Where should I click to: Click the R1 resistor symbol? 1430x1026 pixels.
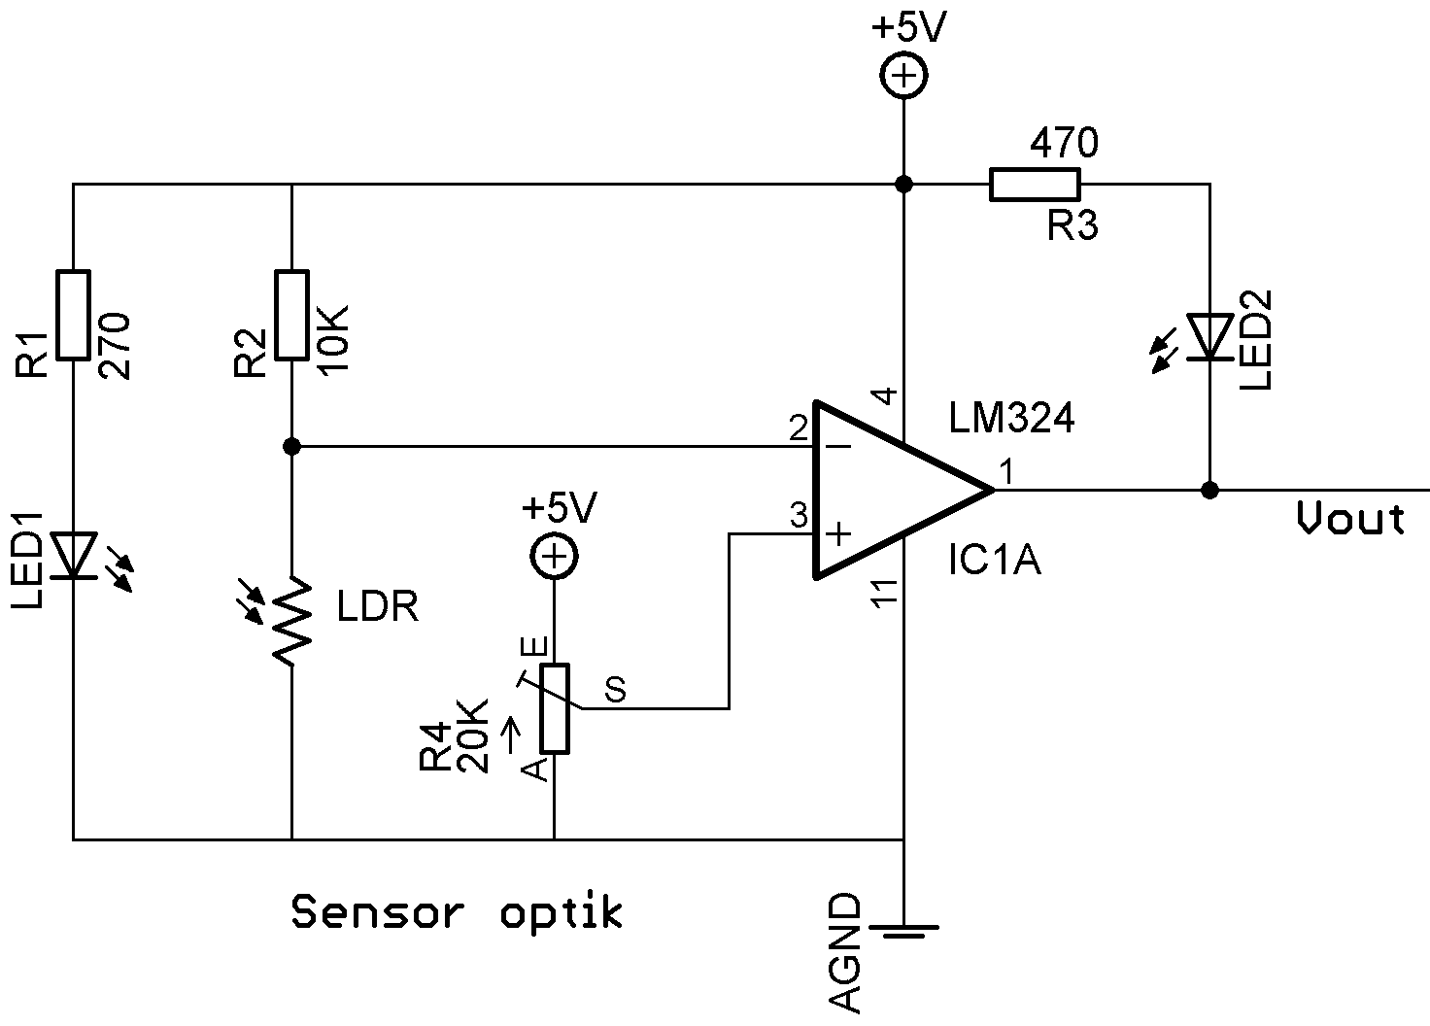point(73,315)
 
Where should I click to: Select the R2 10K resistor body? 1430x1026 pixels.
point(292,315)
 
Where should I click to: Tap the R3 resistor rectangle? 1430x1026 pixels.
point(1034,184)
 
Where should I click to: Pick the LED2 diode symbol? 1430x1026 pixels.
point(1209,336)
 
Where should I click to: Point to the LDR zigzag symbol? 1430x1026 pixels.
point(292,622)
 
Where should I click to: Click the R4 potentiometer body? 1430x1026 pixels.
point(555,708)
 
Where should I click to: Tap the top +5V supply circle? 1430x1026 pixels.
point(903,75)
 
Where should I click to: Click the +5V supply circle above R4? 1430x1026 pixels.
point(554,557)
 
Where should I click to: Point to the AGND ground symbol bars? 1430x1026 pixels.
point(903,932)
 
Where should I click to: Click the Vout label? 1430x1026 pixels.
point(1350,520)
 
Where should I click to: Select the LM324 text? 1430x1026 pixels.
point(1011,420)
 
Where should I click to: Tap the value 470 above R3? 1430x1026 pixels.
point(1064,144)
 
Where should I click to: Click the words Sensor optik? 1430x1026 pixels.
point(457,913)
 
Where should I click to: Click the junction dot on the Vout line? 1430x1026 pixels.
point(1209,490)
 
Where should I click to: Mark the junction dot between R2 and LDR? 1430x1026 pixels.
point(291,447)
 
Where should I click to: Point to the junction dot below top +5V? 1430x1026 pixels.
point(903,184)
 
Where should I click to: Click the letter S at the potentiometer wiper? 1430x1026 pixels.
point(615,689)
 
